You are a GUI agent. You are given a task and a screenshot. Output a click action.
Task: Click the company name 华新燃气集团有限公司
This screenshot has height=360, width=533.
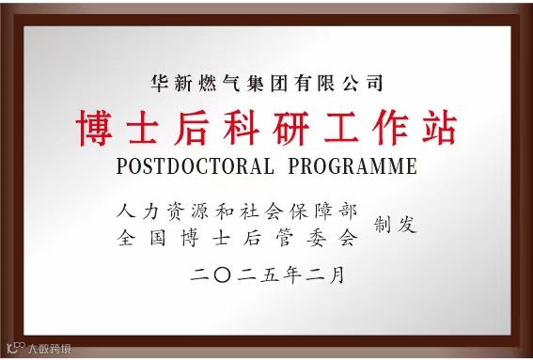coord(266,83)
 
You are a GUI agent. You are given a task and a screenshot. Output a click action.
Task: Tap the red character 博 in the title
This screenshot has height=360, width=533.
coord(94,128)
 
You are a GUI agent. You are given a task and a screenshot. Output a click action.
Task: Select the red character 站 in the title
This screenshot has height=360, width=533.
coord(438,128)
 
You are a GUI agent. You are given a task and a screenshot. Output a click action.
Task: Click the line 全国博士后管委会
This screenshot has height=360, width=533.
coord(239,237)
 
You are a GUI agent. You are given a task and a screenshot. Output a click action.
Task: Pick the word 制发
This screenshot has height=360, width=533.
coord(396,225)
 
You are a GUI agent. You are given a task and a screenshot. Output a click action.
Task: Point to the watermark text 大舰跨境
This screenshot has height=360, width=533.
coord(48,349)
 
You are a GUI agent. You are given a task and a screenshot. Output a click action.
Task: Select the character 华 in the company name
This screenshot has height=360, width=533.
coord(159,83)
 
